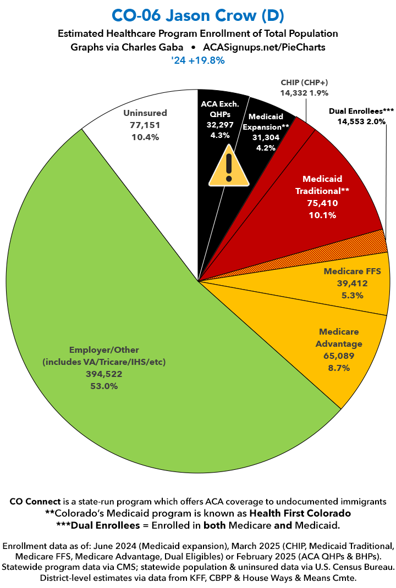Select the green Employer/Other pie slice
coord(137,308)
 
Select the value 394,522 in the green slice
coord(104,374)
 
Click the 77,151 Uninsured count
coord(145,125)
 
